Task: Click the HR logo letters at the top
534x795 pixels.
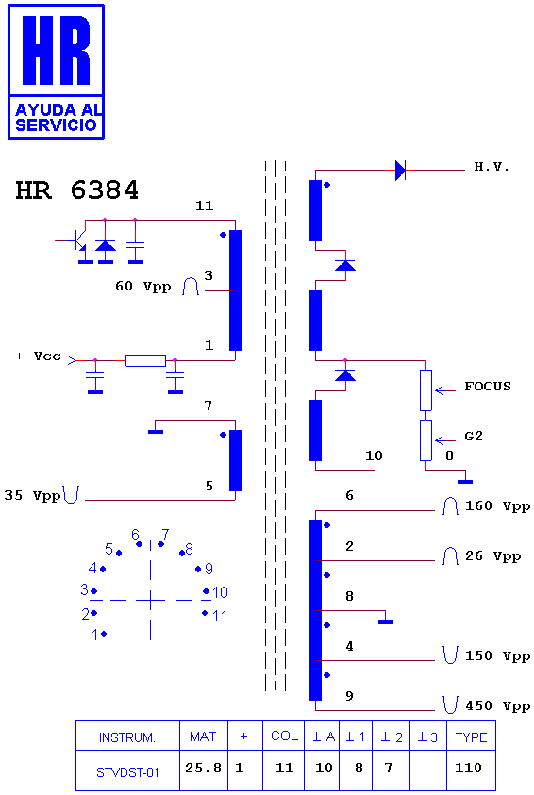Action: click(x=57, y=50)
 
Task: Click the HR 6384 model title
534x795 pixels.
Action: click(x=76, y=190)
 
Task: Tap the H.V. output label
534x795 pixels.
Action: click(x=492, y=167)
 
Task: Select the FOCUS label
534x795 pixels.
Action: click(x=488, y=387)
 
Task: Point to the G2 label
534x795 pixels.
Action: click(x=474, y=436)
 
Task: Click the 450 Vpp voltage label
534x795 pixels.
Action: click(x=497, y=705)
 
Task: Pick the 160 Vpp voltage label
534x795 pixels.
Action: click(x=497, y=506)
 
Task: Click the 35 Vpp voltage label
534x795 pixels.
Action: click(x=32, y=495)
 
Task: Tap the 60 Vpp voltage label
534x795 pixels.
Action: click(x=143, y=287)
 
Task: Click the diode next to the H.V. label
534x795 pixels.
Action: click(x=400, y=171)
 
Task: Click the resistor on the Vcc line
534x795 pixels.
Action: click(x=145, y=360)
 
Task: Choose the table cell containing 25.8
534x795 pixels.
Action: click(x=204, y=770)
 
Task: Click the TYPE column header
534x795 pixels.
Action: click(x=471, y=737)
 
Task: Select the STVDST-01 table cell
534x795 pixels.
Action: click(x=127, y=770)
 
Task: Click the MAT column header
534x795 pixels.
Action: click(x=204, y=737)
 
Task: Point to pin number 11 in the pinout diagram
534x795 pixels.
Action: click(x=220, y=616)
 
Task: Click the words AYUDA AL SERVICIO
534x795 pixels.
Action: click(x=57, y=118)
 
